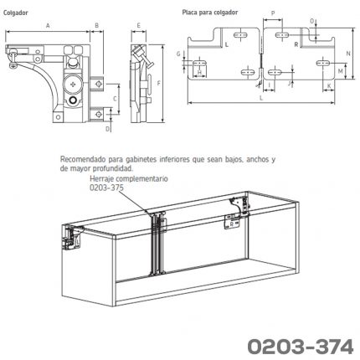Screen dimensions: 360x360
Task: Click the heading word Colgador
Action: pos(16,13)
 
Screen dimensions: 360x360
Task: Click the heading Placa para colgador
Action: pos(210,13)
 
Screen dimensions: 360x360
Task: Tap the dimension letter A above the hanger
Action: pos(48,26)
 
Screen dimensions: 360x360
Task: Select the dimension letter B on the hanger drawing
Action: pos(96,26)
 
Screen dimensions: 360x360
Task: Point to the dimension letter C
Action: pos(115,99)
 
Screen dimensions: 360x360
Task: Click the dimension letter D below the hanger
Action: pos(108,129)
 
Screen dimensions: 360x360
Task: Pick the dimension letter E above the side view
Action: pos(138,26)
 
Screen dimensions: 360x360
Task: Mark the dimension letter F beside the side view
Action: pos(158,83)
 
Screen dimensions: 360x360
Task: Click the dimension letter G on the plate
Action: pos(178,54)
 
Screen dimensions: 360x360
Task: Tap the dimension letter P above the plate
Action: pos(273,13)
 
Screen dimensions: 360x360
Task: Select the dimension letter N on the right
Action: pos(348,54)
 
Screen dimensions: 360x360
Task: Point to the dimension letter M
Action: pos(340,71)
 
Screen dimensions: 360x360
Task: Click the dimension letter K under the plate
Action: pos(329,85)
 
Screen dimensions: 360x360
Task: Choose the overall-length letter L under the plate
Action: pos(261,98)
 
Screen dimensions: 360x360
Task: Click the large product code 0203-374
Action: pos(301,347)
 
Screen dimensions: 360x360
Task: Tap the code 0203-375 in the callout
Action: pos(106,188)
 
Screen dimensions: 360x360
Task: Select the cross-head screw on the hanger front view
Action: pos(73,84)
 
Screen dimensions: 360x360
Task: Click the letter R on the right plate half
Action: pos(296,44)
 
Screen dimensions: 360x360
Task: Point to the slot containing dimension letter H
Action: pos(199,63)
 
